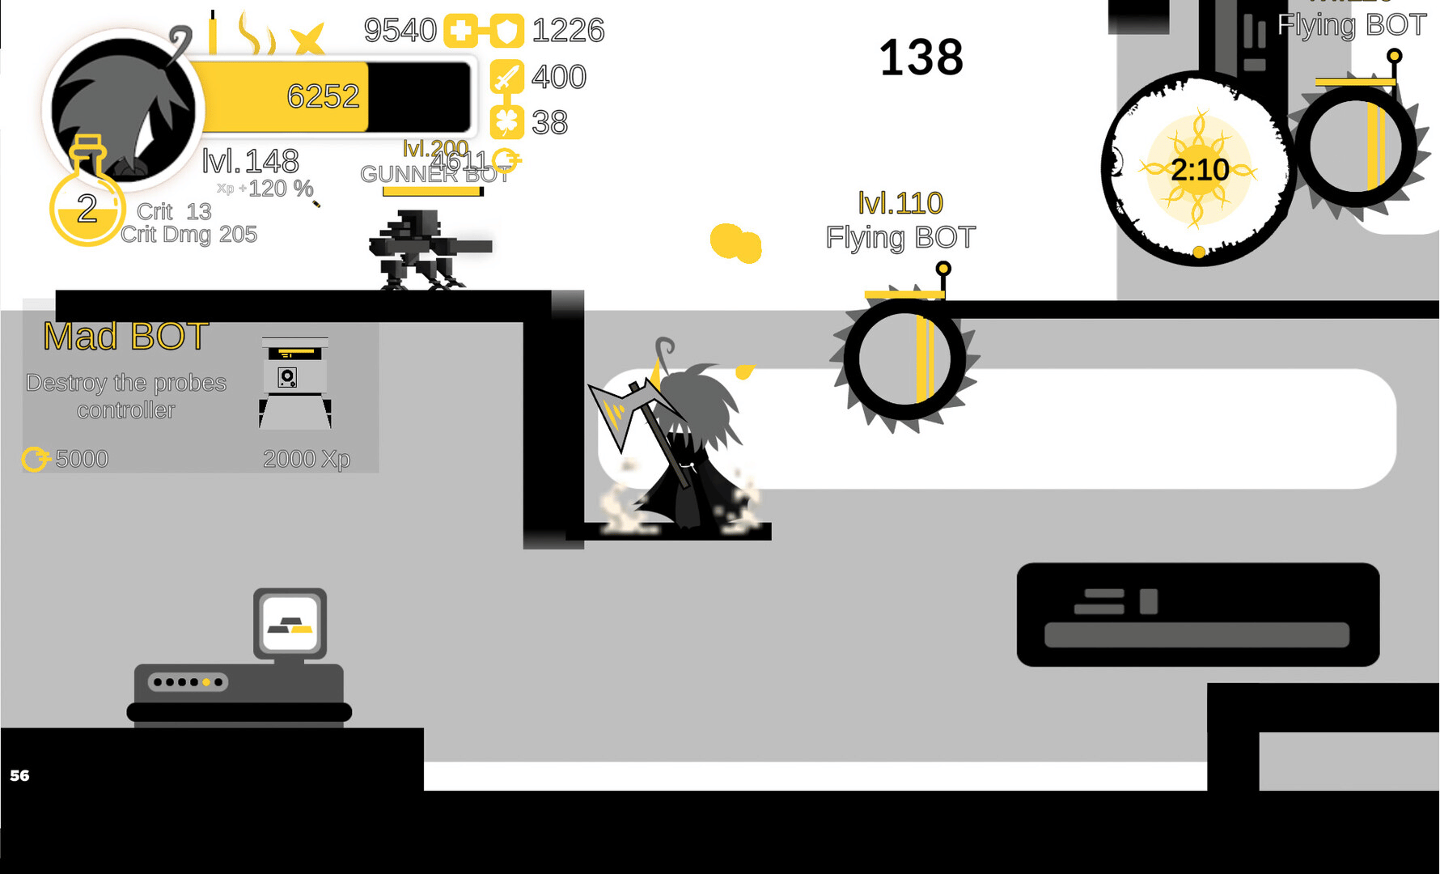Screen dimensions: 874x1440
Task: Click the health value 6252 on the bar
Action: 323,97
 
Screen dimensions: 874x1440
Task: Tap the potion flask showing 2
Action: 87,202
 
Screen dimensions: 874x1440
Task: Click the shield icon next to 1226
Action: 507,32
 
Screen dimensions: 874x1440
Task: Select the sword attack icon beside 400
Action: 507,78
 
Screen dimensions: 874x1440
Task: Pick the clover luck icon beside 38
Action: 507,123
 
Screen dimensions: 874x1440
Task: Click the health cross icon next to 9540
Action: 460,32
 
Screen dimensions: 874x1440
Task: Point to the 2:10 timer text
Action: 1200,170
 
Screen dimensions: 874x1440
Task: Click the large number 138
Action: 921,58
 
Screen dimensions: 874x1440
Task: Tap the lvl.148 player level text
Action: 250,161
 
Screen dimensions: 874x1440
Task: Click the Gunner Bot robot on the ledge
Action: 421,248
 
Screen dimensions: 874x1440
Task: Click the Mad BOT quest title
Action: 126,337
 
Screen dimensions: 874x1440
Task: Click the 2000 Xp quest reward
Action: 307,459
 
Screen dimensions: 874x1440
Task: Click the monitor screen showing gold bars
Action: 290,623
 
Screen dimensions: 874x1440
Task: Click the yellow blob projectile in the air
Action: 735,243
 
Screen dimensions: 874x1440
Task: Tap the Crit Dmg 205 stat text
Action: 188,235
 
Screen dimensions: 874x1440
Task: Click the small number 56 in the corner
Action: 19,775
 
